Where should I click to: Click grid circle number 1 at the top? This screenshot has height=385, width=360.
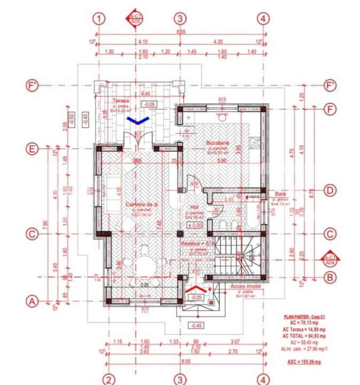click(98, 18)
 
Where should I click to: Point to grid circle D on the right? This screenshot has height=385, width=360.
click(330, 190)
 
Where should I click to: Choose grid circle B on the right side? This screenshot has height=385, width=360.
click(330, 277)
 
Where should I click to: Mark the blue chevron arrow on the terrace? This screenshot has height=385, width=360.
click(138, 121)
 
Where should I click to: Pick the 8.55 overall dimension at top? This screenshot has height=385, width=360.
click(181, 33)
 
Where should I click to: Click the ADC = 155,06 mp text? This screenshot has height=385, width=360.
click(303, 362)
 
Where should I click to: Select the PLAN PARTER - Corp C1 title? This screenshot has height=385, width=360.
click(303, 317)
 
